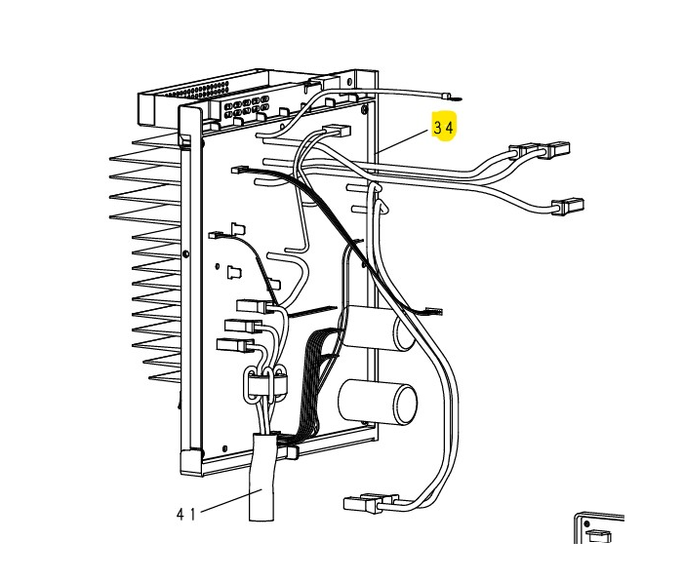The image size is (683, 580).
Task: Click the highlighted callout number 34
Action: pyautogui.click(x=444, y=128)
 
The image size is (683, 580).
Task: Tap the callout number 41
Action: pyautogui.click(x=186, y=514)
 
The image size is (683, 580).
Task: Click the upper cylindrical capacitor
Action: pyautogui.click(x=377, y=329)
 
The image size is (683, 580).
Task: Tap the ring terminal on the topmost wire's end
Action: pyautogui.click(x=450, y=96)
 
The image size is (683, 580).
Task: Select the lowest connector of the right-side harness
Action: pyautogui.click(x=567, y=205)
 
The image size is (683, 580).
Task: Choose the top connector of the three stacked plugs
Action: pyautogui.click(x=251, y=306)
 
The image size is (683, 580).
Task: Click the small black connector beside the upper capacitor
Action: pyautogui.click(x=432, y=311)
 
